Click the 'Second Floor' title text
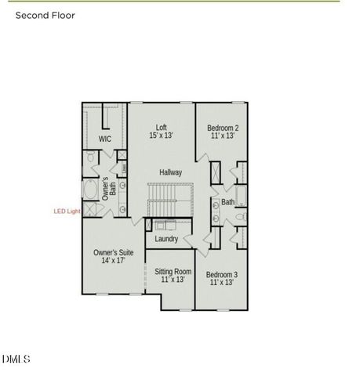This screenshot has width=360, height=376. [45, 14]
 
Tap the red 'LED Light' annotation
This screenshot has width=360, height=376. [66, 211]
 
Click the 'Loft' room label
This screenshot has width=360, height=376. [162, 127]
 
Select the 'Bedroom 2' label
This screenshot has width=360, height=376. [222, 127]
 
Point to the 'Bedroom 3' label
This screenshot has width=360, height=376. [221, 274]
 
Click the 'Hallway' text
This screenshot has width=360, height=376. [170, 172]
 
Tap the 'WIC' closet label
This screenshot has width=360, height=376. [105, 139]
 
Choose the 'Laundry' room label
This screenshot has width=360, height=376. [166, 239]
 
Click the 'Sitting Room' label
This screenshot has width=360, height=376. [172, 271]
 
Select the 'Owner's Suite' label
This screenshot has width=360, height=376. [113, 252]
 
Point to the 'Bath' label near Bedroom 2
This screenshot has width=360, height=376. [227, 202]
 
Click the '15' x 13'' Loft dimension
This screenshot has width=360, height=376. [162, 136]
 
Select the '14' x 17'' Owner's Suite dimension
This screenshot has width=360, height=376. [113, 261]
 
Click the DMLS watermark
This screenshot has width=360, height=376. [16, 360]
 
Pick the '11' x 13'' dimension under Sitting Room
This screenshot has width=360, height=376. [172, 280]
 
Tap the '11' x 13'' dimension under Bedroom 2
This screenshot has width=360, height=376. [222, 136]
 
